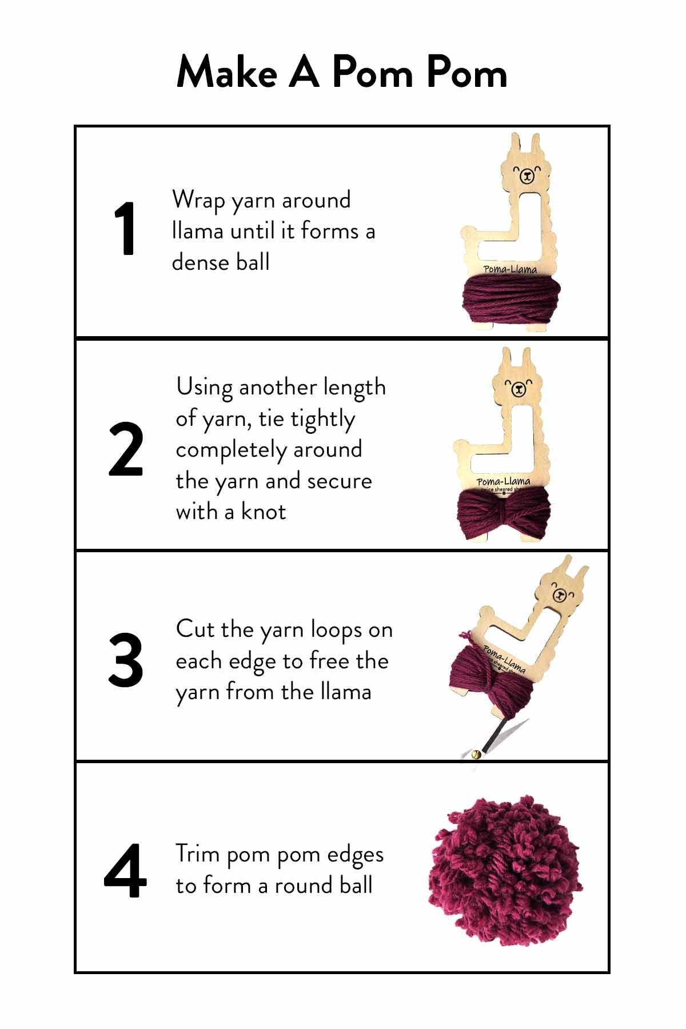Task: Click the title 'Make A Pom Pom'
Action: click(342, 73)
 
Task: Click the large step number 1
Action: click(125, 229)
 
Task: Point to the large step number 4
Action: click(125, 871)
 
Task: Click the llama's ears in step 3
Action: click(575, 569)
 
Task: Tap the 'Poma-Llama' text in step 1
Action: click(510, 269)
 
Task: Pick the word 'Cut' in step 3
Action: click(195, 629)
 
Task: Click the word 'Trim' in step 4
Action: click(198, 854)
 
